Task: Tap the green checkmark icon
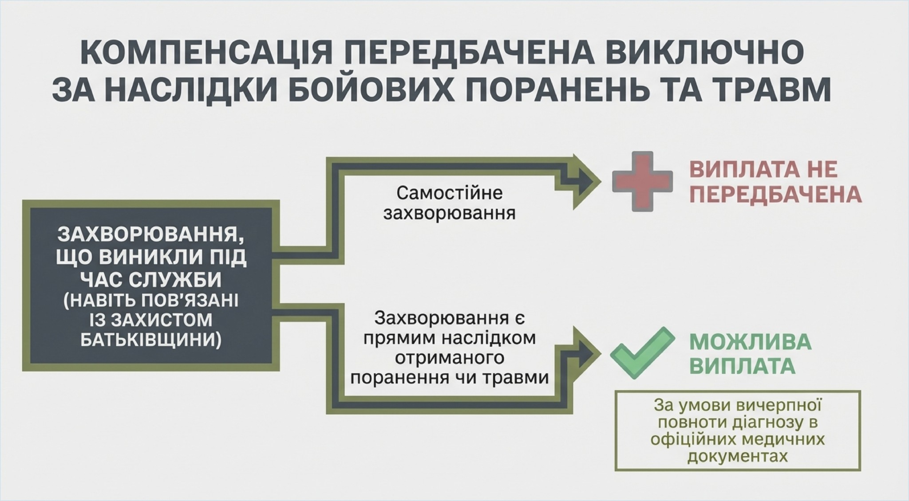[x=642, y=352]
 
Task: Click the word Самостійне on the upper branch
[x=449, y=193]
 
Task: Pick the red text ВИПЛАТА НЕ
[x=763, y=169]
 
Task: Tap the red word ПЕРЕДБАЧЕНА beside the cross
[x=775, y=194]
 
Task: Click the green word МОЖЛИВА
[x=750, y=342]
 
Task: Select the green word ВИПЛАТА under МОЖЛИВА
[x=742, y=366]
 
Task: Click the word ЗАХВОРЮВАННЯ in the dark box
[x=150, y=235]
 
